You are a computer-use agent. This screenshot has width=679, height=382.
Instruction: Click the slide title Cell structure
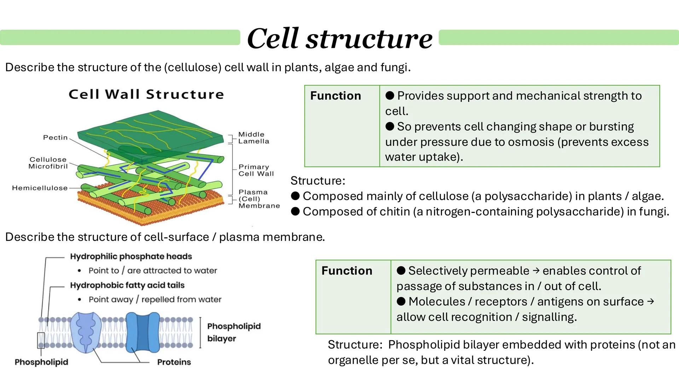pos(339,38)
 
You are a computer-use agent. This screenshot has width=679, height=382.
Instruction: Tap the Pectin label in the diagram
pos(55,138)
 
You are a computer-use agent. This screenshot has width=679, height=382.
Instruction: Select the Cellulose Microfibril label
pos(48,163)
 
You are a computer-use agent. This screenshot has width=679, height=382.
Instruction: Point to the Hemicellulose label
pos(40,188)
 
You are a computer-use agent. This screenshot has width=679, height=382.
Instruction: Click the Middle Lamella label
pos(253,138)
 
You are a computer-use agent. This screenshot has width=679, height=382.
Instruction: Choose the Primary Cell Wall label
pos(256,170)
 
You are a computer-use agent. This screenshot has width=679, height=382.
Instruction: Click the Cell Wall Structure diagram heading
pos(146,94)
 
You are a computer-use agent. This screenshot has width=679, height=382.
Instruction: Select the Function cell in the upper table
pos(335,96)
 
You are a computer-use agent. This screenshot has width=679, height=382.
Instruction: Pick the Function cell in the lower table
pos(347,271)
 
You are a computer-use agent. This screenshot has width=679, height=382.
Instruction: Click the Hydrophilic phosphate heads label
pos(131,256)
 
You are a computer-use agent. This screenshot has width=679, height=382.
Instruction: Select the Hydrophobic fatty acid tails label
pos(127,285)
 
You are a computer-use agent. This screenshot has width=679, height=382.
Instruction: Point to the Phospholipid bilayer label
pos(233,332)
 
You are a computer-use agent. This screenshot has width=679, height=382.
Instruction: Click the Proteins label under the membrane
pos(174,362)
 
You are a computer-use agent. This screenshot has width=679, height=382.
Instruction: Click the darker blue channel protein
pos(143,332)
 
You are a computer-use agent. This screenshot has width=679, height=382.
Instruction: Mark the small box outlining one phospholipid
pos(41,340)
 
